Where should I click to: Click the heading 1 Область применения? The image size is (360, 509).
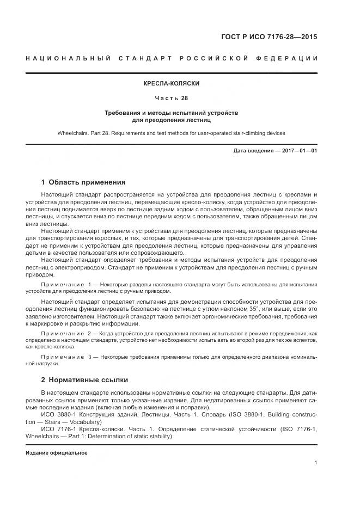pos(83,182)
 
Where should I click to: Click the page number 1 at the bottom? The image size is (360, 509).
pos(316,463)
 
